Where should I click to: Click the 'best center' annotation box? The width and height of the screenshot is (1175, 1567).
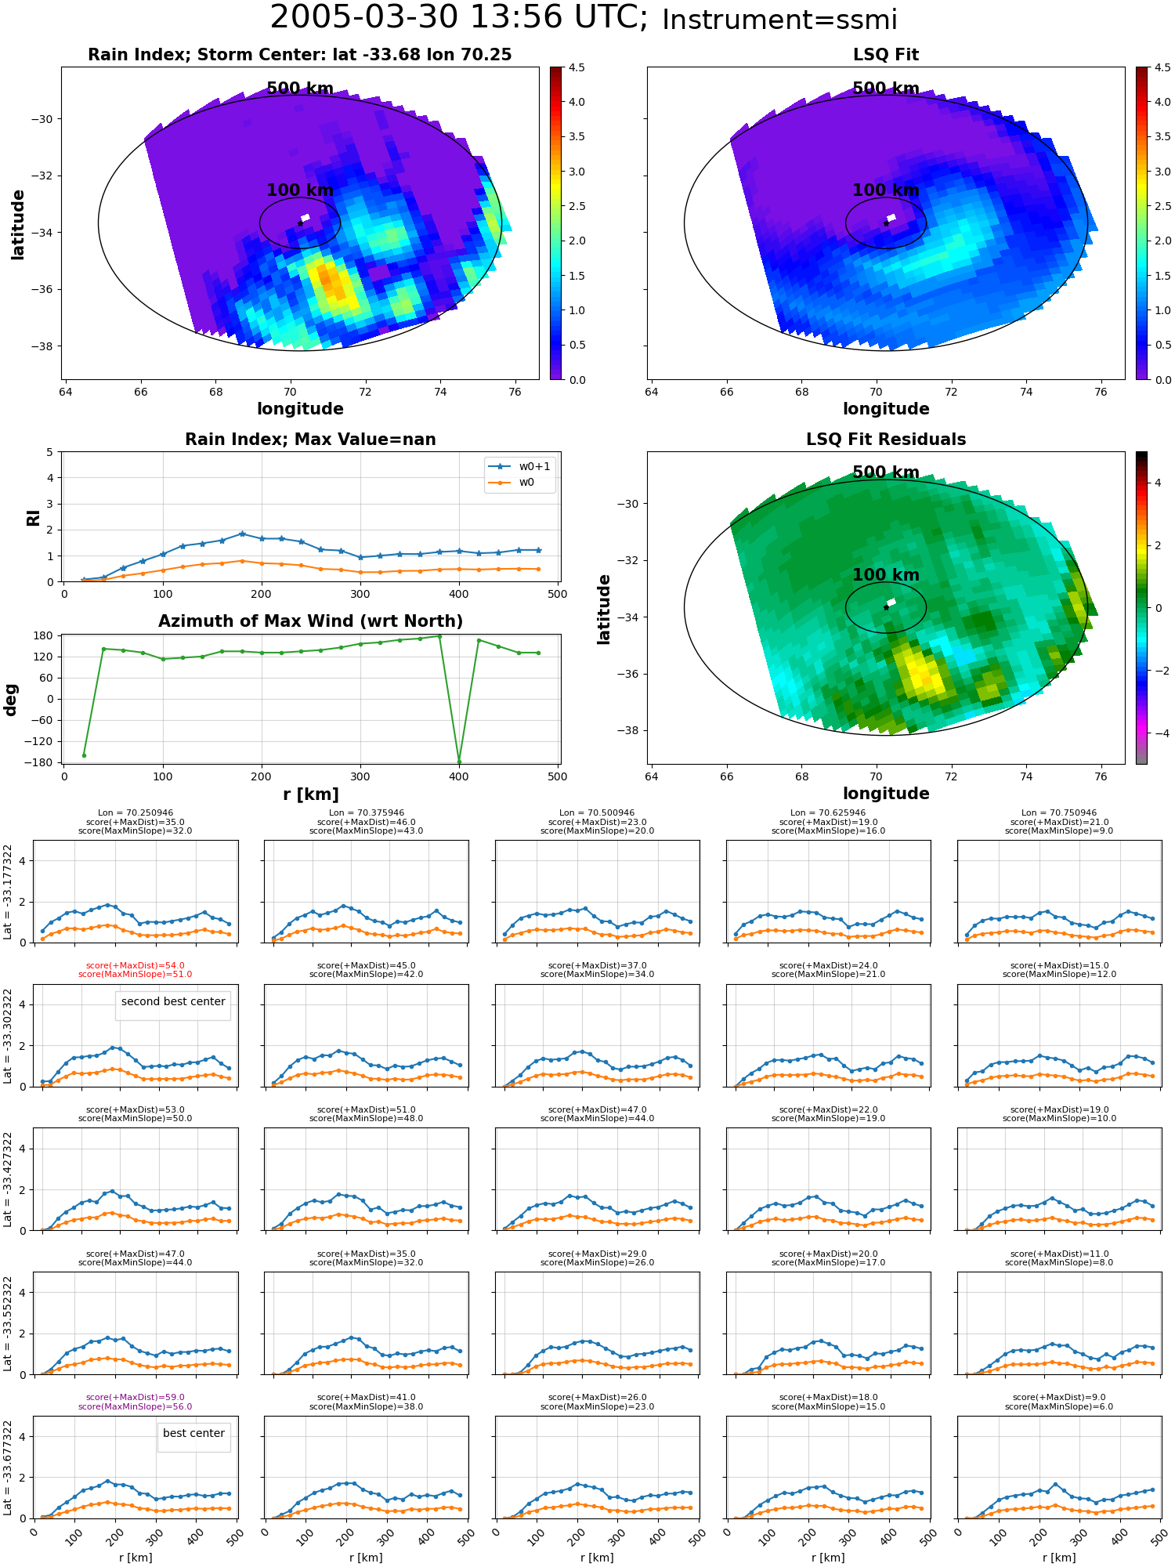[193, 1433]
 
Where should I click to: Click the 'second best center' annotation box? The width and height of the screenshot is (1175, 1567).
[173, 1001]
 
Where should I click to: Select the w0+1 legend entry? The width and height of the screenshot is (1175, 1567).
[520, 466]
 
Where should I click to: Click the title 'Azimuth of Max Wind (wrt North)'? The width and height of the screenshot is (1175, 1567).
[310, 621]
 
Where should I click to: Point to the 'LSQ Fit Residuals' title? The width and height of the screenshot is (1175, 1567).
[886, 440]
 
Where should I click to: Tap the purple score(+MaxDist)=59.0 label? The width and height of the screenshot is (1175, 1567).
[135, 1397]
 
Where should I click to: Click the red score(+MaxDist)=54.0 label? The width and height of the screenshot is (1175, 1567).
[135, 965]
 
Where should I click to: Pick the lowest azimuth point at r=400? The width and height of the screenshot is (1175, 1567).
[459, 762]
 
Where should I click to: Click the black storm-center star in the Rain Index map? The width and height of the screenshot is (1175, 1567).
[300, 223]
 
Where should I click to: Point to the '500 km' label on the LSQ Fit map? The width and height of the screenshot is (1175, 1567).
[886, 89]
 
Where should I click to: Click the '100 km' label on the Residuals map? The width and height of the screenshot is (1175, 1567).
[886, 575]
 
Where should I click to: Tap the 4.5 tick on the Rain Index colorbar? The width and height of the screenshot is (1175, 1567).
[577, 67]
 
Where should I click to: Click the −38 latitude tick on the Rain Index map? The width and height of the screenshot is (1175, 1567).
[42, 346]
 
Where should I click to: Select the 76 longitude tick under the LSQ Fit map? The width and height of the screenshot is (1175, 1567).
[1101, 392]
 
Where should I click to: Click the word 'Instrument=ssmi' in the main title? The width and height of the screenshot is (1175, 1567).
[779, 20]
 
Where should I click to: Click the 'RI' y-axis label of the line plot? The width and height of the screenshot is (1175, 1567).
[33, 518]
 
